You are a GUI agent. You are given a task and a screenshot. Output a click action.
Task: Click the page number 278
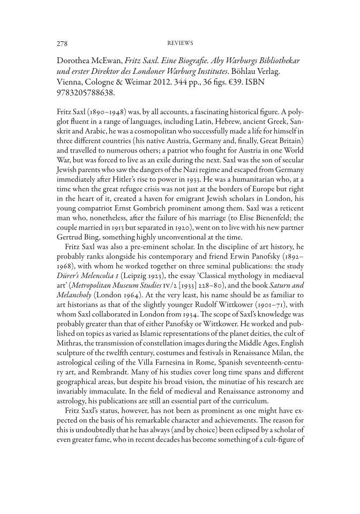[x=62, y=42]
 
